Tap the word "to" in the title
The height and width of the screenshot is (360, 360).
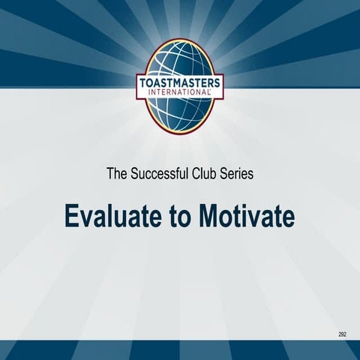pyautogui.click(x=178, y=216)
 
